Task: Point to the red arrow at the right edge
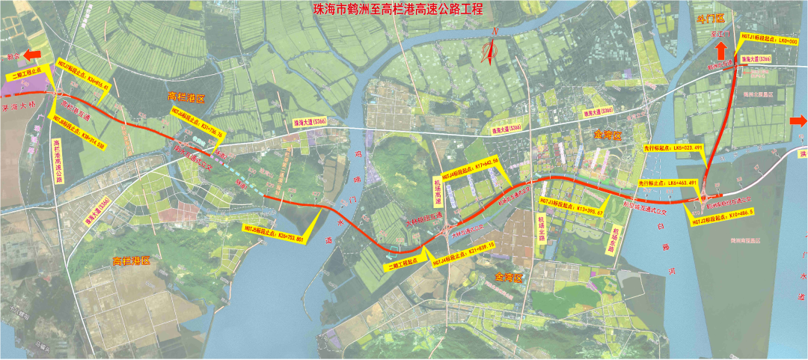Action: (798, 121)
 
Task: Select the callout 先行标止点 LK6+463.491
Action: (667, 183)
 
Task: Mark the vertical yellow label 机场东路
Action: (615, 241)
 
